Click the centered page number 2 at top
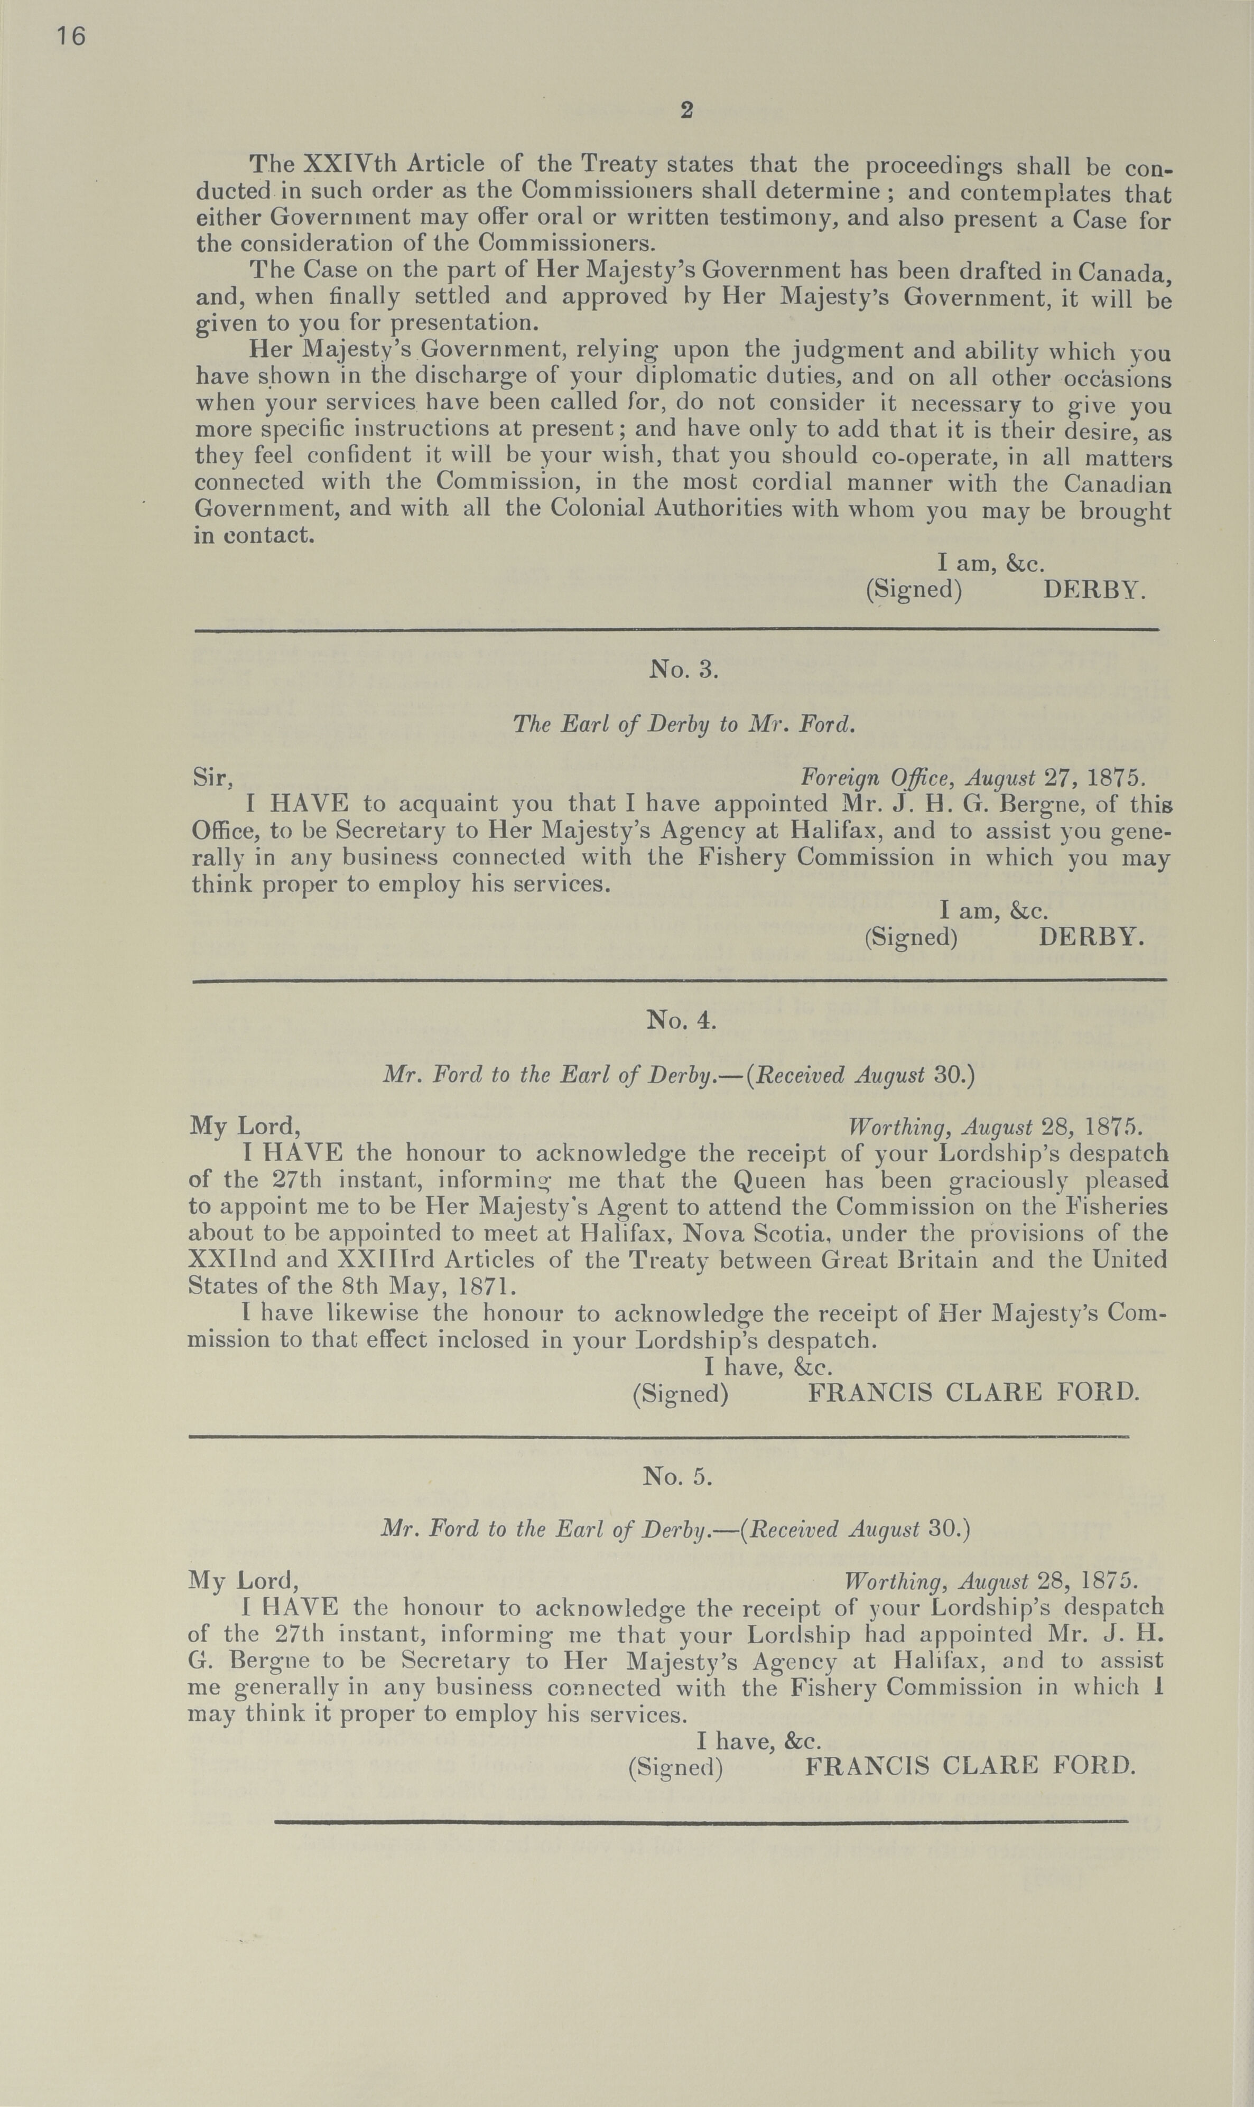(x=686, y=110)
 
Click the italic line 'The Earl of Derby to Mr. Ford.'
(x=684, y=724)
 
